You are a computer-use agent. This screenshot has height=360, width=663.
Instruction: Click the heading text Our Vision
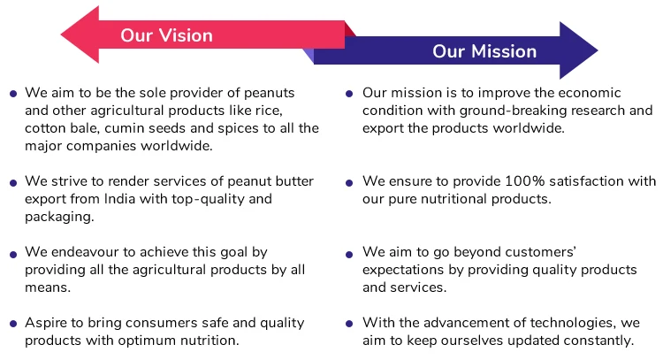166,35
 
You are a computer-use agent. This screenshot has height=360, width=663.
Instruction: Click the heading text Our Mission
484,51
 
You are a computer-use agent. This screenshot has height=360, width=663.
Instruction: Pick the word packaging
59,217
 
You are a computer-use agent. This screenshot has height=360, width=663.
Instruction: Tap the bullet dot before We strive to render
13,182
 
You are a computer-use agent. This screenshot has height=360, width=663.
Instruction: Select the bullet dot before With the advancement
350,324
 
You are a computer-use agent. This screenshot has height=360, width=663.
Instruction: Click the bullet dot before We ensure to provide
350,182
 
